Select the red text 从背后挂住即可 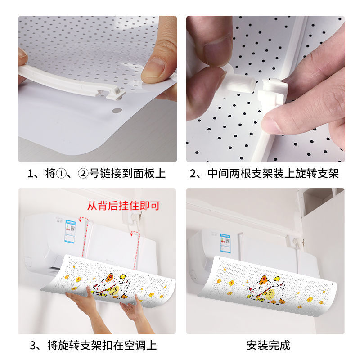click(124, 206)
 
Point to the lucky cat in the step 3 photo click(110, 287)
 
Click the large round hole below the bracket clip click(116, 110)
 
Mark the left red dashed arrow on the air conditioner click(81, 220)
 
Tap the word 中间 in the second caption click(219, 174)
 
